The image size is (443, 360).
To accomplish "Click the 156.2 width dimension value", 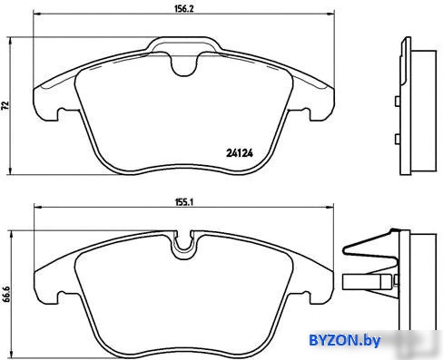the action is tap(183, 9).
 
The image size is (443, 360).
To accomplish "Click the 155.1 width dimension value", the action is tap(184, 202).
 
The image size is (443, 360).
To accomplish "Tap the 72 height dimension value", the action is tap(5, 105).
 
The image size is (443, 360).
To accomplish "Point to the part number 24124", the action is tap(240, 153).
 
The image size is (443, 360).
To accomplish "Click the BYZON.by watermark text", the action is tap(344, 341).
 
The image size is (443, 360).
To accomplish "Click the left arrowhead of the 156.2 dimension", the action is tap(36, 14).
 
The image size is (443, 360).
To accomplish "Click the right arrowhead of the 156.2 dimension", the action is tap(330, 14).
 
